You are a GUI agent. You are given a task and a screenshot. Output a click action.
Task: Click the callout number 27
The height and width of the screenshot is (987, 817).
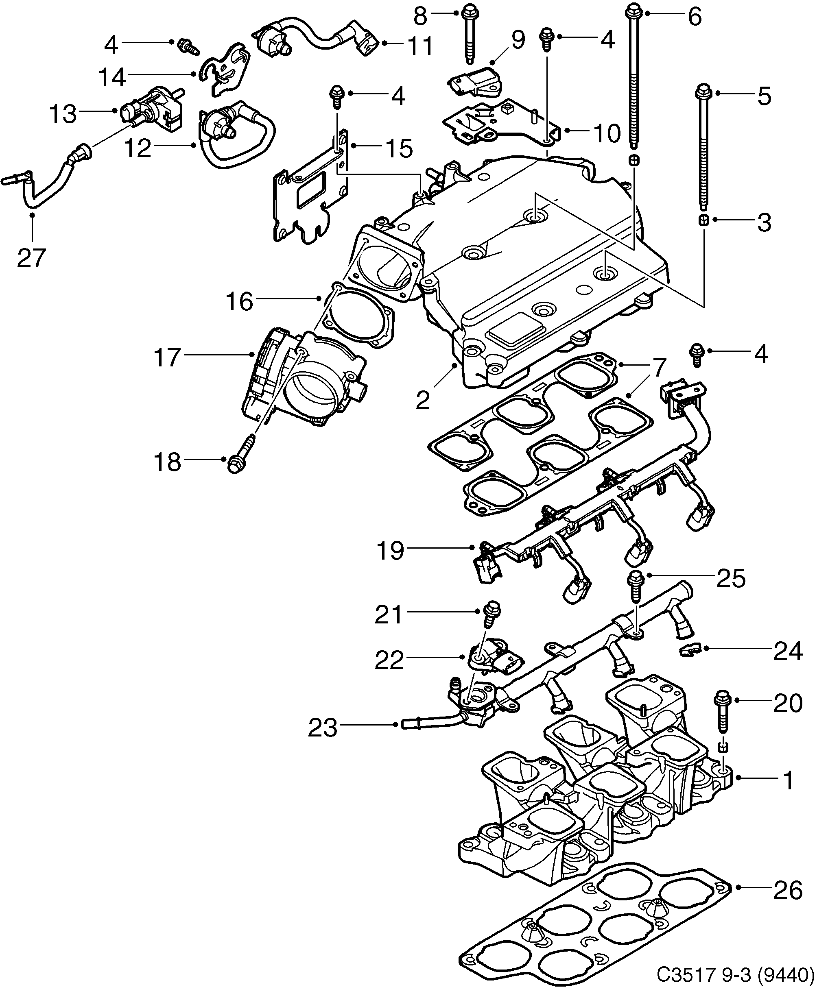(x=31, y=257)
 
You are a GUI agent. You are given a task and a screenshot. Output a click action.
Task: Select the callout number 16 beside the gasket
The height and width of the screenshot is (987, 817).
(x=239, y=301)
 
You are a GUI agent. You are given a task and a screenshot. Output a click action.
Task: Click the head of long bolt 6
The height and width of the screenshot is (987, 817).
(x=633, y=9)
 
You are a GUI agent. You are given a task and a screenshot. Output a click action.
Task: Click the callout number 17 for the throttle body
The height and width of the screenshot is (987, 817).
(x=168, y=357)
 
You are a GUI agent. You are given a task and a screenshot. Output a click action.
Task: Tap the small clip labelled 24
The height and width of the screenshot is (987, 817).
(x=690, y=649)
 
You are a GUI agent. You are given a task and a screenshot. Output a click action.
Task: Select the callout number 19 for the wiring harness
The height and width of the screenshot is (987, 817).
(x=390, y=550)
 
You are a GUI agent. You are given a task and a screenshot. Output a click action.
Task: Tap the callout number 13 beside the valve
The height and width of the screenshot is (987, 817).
(x=63, y=113)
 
